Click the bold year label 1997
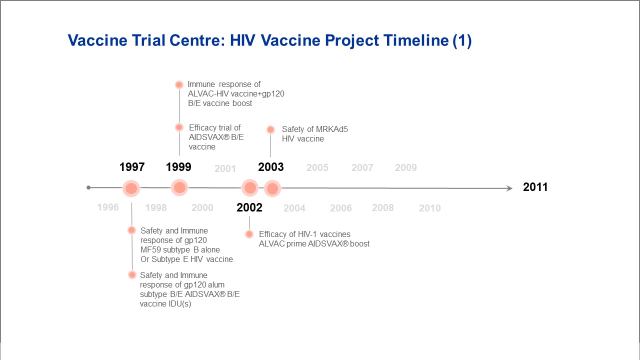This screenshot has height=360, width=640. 132,167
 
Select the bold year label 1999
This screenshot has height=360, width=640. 178,167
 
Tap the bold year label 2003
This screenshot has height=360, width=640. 271,167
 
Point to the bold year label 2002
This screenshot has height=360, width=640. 249,207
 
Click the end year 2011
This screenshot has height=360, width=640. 535,187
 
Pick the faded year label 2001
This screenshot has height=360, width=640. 225,168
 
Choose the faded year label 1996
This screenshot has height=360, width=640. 108,207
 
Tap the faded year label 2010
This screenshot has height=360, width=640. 430,208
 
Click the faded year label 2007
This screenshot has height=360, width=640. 362,167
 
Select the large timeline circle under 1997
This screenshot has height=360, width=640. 131,188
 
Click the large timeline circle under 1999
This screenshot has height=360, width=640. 179,187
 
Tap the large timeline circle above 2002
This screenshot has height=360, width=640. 250,188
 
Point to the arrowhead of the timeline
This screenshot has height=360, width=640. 509,188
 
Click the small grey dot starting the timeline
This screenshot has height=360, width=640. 88,187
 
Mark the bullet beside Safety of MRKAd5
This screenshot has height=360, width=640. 270,129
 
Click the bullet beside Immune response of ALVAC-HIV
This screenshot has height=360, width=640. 179,85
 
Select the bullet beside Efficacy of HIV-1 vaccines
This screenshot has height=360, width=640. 249,234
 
